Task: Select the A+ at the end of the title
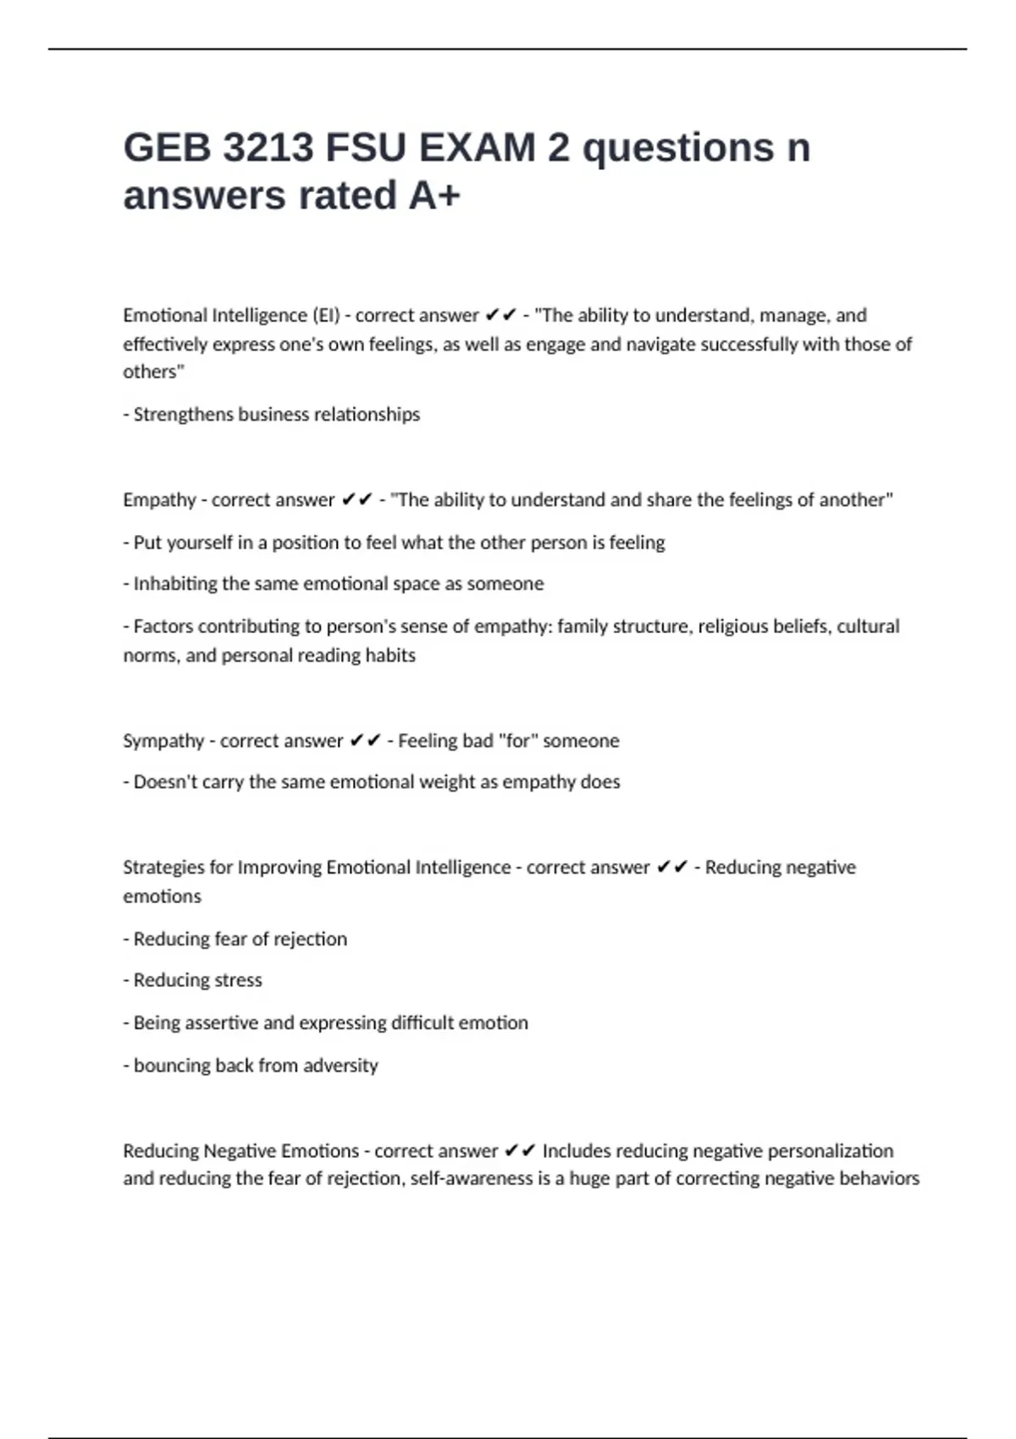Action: [434, 196]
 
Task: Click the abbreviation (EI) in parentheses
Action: [326, 316]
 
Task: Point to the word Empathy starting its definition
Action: [159, 500]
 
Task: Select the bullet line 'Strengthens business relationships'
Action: [276, 415]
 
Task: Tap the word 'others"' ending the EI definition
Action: [153, 372]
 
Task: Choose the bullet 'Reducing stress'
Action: [197, 980]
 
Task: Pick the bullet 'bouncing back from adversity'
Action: [255, 1066]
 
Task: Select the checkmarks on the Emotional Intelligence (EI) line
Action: [500, 316]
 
